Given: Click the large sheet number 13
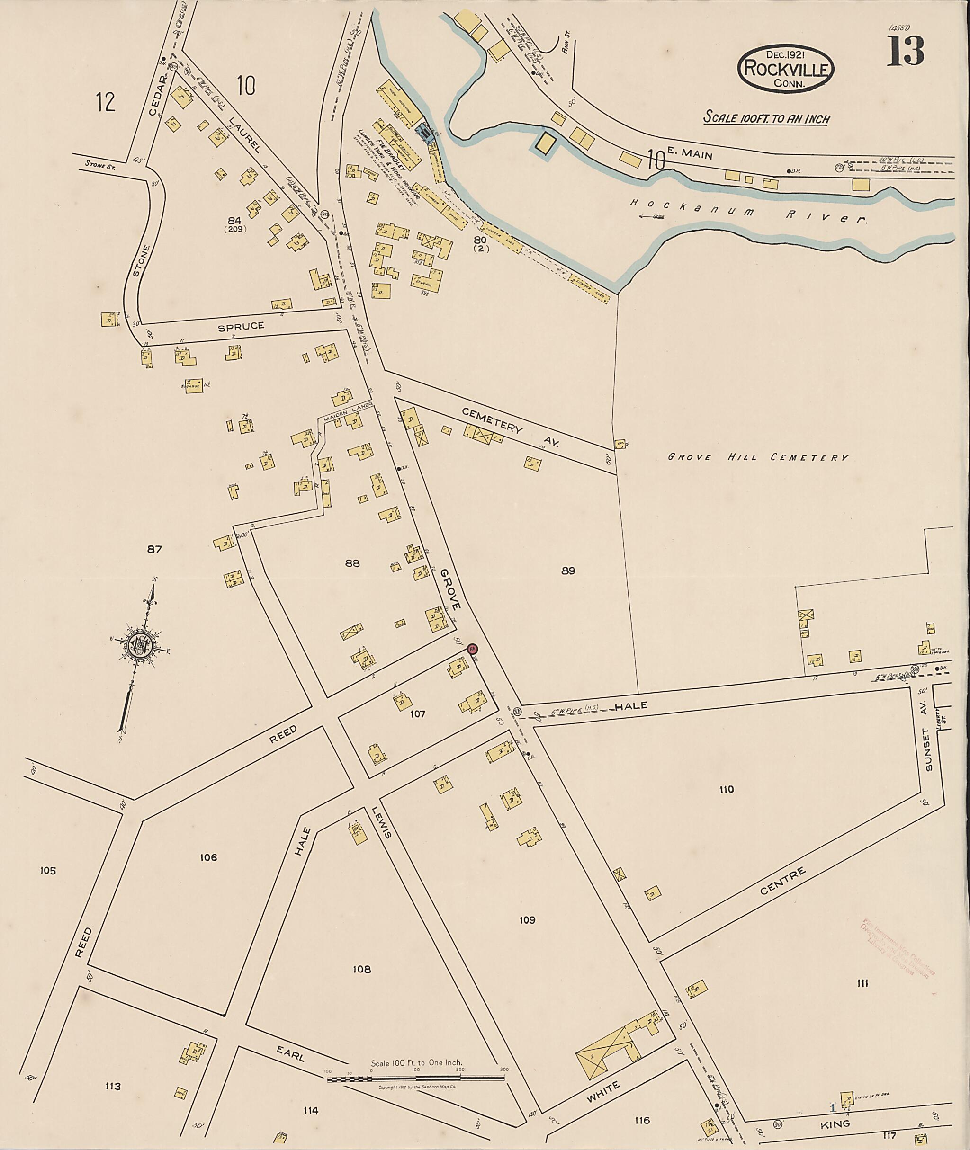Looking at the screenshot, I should (x=905, y=52).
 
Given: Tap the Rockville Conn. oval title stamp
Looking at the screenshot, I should (x=786, y=69).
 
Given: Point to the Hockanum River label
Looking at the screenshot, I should (x=748, y=212).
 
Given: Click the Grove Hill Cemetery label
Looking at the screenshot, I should (x=758, y=457).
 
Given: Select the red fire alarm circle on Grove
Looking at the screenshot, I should (x=472, y=649).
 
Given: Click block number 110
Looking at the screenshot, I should (x=726, y=790).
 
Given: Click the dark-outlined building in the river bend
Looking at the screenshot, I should (x=545, y=143).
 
